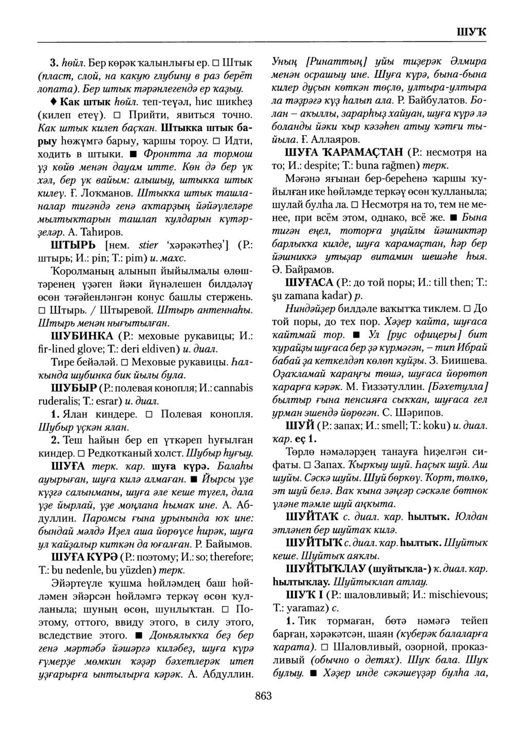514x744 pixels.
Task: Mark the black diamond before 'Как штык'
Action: click(54, 99)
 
